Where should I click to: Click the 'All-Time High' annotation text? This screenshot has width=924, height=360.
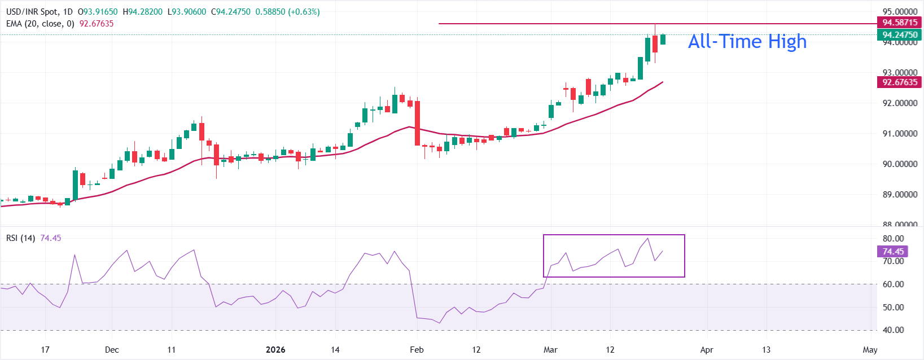pos(747,41)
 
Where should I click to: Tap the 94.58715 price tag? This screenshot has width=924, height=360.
pos(900,23)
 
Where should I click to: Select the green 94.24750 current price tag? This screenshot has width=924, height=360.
pos(900,34)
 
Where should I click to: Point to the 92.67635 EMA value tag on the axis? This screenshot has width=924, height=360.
pos(900,82)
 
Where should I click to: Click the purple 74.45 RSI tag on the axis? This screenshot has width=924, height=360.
pos(893,252)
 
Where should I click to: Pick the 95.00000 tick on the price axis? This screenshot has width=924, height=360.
pos(900,11)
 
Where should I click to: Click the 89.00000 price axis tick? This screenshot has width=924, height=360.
pos(900,195)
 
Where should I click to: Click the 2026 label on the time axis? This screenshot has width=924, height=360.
pos(275,350)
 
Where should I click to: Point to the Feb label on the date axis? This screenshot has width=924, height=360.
pos(417,350)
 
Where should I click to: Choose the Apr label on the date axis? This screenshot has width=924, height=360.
pos(707,350)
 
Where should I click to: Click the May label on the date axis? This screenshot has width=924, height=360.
pos(870,350)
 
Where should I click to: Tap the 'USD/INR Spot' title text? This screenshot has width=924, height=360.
pos(32,12)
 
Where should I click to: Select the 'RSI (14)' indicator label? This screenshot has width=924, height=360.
pos(20,238)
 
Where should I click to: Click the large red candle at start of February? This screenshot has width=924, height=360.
pos(418,123)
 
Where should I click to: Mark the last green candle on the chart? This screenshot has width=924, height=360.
pos(663,39)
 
